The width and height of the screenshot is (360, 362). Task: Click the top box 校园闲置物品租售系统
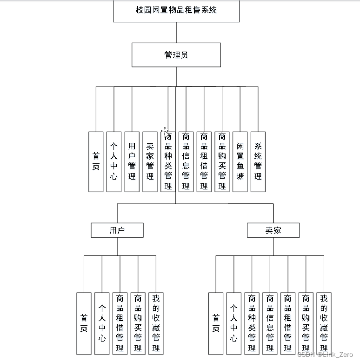[176, 10]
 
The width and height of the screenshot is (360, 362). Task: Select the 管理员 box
[176, 55]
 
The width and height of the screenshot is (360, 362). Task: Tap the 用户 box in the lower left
[117, 230]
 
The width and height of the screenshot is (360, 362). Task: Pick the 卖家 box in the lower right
[273, 230]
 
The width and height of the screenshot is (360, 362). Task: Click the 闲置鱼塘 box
[240, 161]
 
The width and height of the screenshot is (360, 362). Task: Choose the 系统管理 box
[258, 161]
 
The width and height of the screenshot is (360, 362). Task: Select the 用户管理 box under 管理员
[132, 161]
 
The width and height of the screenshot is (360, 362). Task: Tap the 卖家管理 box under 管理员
[150, 161]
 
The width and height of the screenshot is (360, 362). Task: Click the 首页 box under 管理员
[96, 161]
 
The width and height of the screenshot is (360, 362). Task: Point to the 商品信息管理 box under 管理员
[186, 161]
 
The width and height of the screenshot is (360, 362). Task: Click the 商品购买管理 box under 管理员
[222, 161]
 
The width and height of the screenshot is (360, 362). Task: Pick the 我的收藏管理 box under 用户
[156, 323]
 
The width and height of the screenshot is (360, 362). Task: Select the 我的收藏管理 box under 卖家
[324, 323]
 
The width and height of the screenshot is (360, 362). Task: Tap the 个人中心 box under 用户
[102, 323]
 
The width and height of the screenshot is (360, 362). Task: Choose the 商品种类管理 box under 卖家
[252, 323]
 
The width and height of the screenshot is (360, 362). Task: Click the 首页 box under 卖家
[216, 323]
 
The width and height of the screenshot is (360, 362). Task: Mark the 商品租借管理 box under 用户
[120, 323]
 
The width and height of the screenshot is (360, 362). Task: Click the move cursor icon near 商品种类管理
[165, 131]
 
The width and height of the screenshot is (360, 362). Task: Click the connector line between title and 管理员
[176, 33]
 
